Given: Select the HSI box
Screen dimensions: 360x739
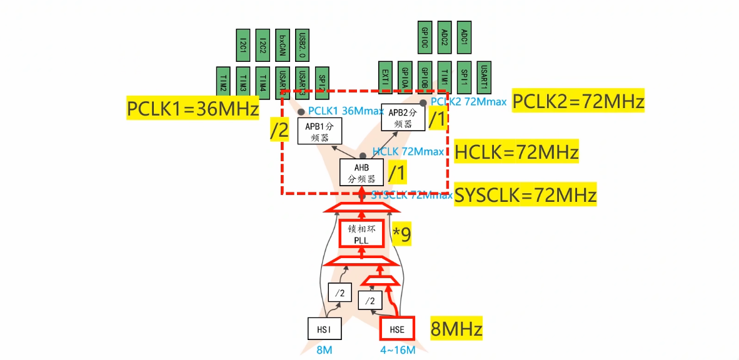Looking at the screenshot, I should (324, 328).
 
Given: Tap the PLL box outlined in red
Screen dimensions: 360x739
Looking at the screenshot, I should (361, 234).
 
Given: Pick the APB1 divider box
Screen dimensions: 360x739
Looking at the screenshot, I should (316, 131).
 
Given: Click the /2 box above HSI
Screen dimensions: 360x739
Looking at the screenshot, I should (340, 292).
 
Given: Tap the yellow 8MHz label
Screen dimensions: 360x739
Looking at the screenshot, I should (456, 328).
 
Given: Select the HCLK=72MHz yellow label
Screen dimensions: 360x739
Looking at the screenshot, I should (516, 152).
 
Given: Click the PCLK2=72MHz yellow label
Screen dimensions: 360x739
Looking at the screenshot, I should (578, 101).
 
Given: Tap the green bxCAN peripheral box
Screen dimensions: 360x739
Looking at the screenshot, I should (283, 45).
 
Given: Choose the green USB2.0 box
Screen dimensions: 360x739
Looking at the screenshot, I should (303, 45).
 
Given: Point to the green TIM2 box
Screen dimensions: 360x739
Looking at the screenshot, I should (223, 83).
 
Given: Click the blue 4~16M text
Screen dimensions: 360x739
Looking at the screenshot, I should (398, 350).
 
